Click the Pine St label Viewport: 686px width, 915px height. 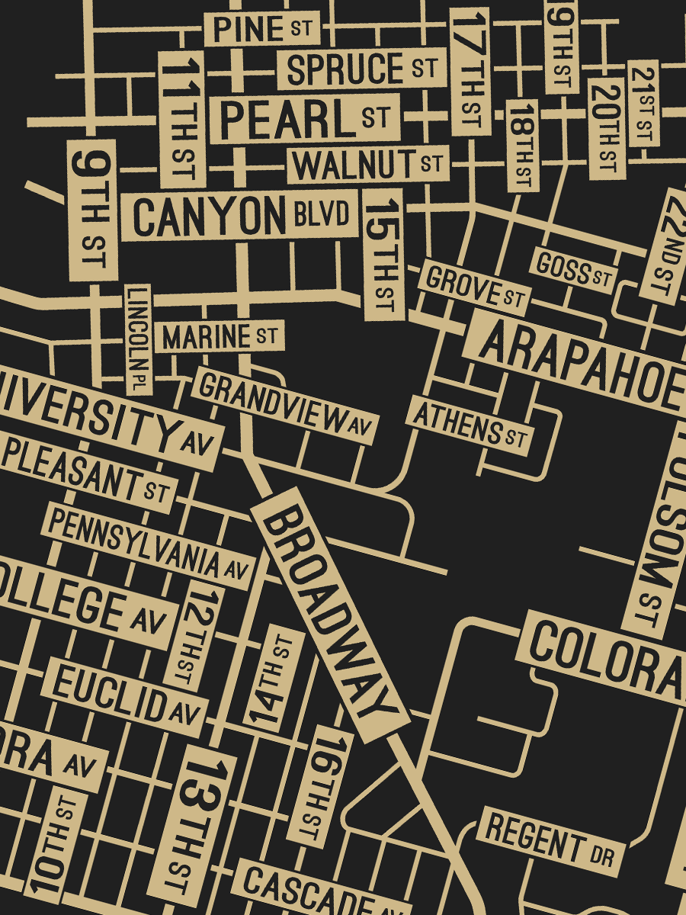tap(262, 29)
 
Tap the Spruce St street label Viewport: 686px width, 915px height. tap(361, 69)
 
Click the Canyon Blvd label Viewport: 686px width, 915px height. tap(242, 216)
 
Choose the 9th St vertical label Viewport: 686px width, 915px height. tap(92, 210)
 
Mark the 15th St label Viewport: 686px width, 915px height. tap(383, 255)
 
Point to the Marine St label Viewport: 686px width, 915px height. tap(220, 336)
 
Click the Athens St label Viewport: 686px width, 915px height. tap(470, 424)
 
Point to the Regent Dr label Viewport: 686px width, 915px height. tap(550, 842)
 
